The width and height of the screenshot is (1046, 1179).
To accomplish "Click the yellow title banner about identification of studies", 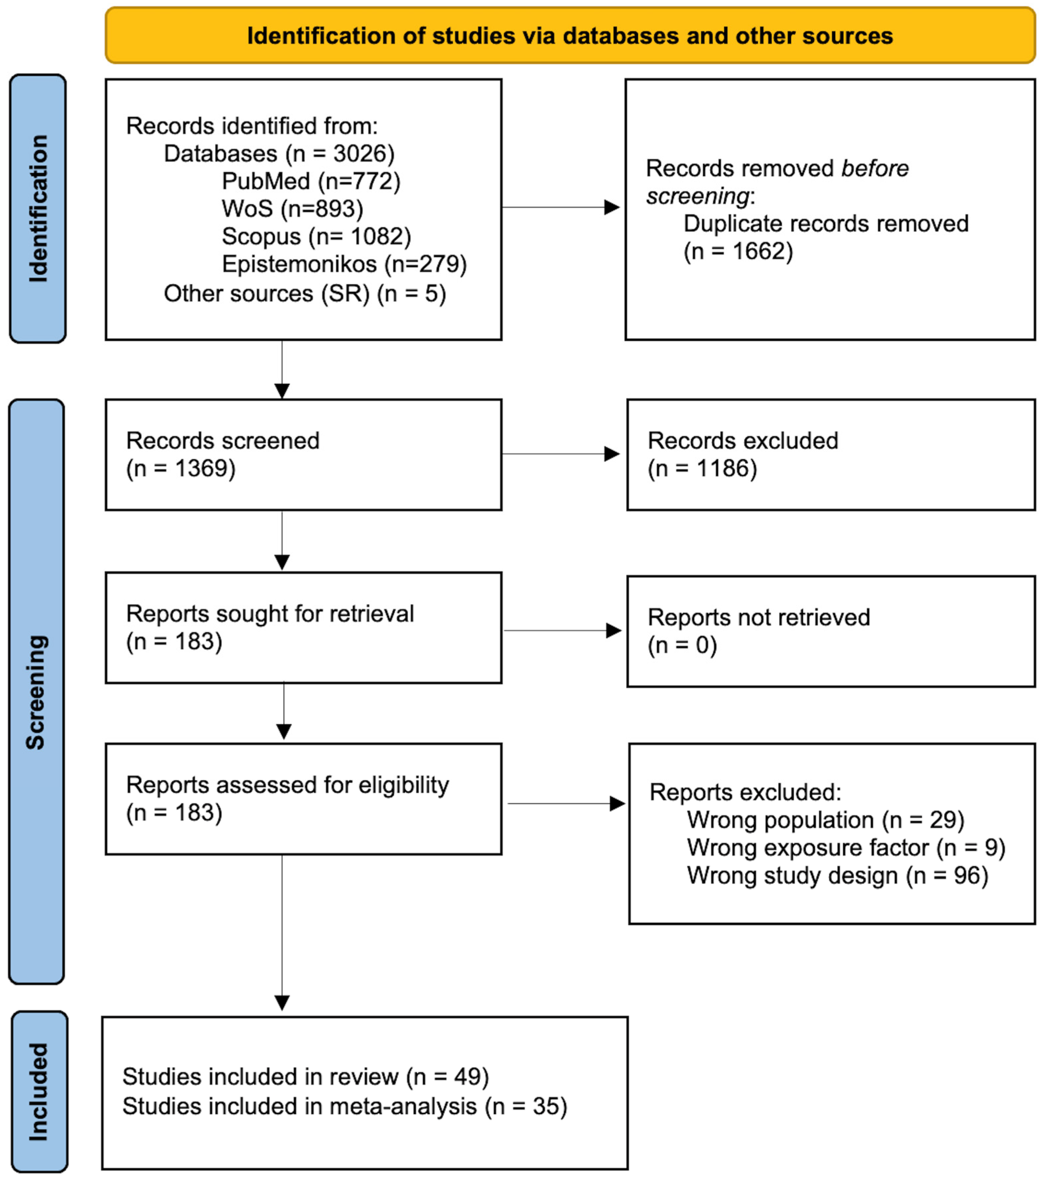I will click(570, 36).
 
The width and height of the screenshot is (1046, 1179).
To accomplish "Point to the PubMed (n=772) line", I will click(311, 181).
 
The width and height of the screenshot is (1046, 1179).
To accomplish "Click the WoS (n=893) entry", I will click(292, 209).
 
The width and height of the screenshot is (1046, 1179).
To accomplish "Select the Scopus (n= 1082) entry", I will click(316, 236).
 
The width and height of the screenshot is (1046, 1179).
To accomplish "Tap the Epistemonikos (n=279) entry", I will click(344, 264).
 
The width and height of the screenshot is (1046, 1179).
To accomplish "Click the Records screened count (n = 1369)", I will click(181, 468).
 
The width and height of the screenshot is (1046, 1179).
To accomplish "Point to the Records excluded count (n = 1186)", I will click(702, 468).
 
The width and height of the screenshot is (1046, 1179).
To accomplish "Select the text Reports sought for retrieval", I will click(270, 614).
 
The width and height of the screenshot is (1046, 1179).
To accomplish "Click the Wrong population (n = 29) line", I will click(825, 820).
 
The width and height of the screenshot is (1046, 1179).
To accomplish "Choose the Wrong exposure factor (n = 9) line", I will click(846, 847).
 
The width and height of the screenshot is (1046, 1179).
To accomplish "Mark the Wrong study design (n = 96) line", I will click(837, 876).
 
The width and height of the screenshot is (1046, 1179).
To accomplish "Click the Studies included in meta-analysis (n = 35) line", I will click(345, 1106).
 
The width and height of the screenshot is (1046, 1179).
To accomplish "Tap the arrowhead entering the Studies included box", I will click(282, 1003).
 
